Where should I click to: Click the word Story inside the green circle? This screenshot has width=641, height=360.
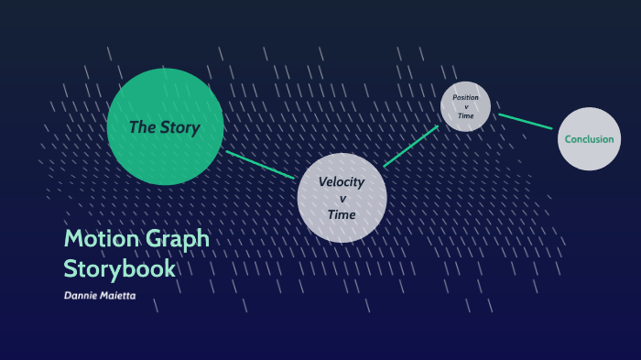pos(179,127)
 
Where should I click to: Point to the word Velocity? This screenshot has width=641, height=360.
pos(342,181)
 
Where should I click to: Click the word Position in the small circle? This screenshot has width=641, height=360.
pos(465,97)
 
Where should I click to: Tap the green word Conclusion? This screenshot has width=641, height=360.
pos(589,139)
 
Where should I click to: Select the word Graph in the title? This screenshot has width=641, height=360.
pos(177,239)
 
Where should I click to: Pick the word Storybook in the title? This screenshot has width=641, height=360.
pos(119,268)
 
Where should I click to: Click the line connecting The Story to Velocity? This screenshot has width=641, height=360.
pos(261,165)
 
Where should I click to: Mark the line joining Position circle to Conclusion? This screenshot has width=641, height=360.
pos(525,121)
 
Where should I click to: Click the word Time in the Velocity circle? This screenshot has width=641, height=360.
pos(342,214)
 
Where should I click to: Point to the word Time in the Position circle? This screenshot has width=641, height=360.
pos(465,116)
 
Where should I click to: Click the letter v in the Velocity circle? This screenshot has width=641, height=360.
pos(342,198)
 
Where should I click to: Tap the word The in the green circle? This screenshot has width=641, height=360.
pos(142,127)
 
